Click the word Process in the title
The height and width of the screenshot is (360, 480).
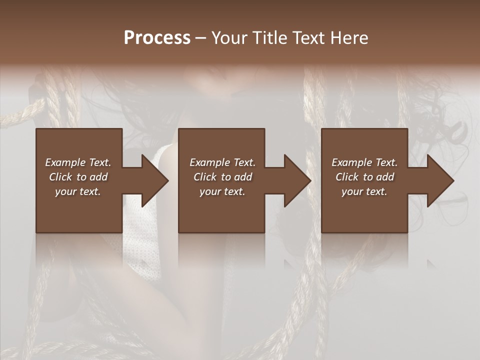tap(157, 38)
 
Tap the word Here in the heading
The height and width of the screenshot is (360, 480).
tap(349, 38)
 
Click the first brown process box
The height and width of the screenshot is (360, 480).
tap(79, 215)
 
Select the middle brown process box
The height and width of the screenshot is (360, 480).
tap(221, 215)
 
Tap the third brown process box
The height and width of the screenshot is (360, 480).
tap(364, 215)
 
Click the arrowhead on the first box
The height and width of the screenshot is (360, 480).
tap(154, 180)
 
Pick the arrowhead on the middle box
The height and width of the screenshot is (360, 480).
tap(296, 180)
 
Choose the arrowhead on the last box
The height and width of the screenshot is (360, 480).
tap(439, 180)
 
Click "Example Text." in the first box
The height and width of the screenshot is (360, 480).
tap(78, 162)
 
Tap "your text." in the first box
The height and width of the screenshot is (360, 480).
tap(78, 191)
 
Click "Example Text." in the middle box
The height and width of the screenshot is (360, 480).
tap(222, 162)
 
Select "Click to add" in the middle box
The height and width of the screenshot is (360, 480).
tap(222, 177)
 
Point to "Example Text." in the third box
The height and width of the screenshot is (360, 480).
tap(364, 162)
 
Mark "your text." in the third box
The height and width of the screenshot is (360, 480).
tap(364, 191)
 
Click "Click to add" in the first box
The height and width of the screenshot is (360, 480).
tap(78, 177)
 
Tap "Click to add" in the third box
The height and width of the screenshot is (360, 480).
tap(364, 177)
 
